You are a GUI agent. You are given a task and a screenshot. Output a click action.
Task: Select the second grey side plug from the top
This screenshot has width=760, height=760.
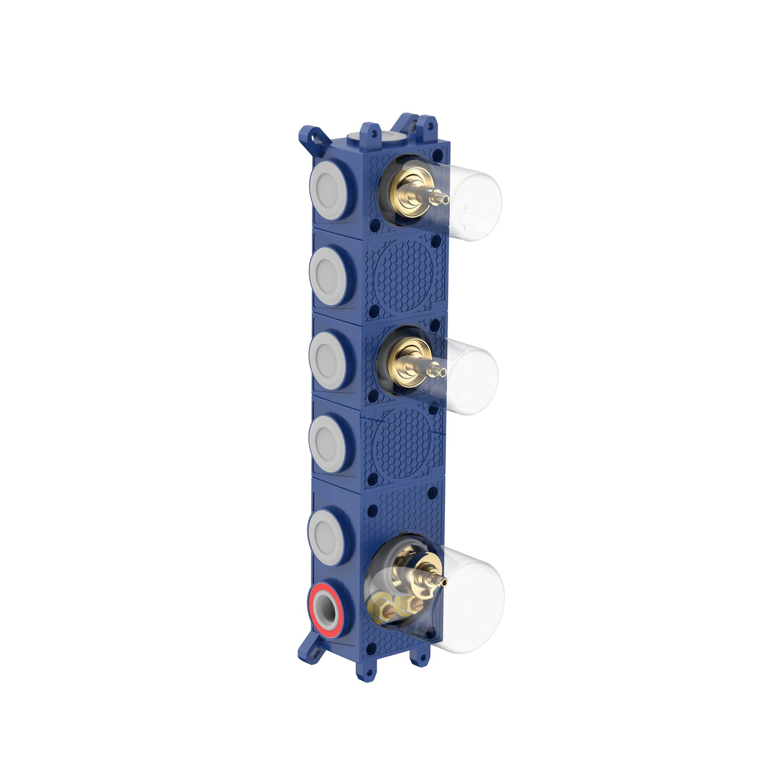[x=329, y=276]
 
